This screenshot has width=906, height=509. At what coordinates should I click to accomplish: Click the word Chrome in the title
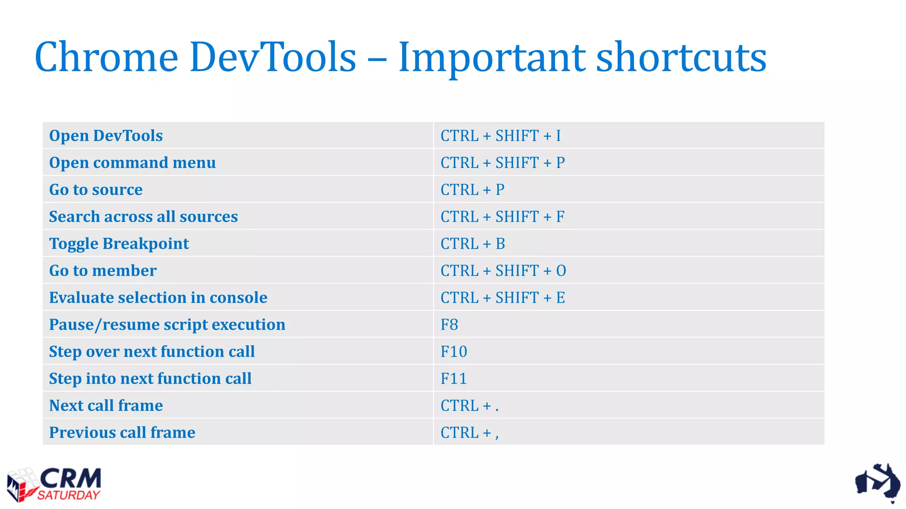[x=106, y=57]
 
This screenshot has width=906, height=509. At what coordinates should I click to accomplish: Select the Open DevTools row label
[x=106, y=136]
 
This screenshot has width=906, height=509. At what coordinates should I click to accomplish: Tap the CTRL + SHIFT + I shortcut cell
[x=500, y=136]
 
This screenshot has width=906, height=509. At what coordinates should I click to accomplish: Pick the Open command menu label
[x=132, y=163]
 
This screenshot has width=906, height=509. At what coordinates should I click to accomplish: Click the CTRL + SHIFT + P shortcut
[x=503, y=163]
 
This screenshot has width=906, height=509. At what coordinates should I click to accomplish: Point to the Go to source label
[x=96, y=190]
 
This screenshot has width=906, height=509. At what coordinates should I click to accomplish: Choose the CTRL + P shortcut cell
[x=472, y=190]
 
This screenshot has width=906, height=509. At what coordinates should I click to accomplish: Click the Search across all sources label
[x=143, y=217]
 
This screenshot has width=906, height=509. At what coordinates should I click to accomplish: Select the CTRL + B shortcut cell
[x=472, y=243]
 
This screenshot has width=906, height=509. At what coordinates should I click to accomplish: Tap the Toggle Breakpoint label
[x=119, y=243]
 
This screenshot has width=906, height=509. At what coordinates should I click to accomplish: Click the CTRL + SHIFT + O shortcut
[x=503, y=270]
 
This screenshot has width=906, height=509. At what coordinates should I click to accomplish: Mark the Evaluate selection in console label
[x=158, y=297]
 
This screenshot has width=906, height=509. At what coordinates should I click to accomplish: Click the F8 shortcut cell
[x=449, y=325]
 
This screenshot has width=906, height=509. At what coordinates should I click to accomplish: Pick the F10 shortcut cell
[x=453, y=352]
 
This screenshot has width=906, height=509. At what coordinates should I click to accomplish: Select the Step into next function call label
[x=150, y=379]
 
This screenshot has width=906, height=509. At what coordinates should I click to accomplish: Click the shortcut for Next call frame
[x=469, y=406]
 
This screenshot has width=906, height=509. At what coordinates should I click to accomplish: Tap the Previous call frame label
[x=122, y=433]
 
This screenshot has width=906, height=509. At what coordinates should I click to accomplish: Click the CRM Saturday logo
[x=54, y=484]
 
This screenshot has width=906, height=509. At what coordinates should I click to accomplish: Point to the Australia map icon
[x=878, y=482]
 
